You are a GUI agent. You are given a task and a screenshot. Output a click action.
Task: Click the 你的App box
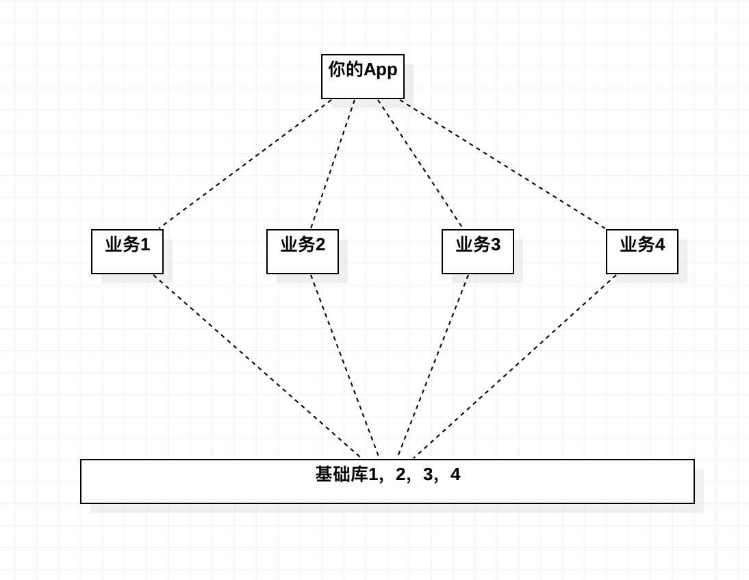click(363, 77)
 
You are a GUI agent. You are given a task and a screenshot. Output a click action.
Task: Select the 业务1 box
click(127, 252)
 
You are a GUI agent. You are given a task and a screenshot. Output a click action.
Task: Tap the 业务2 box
click(303, 252)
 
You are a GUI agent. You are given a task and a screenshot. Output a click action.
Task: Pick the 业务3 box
click(478, 252)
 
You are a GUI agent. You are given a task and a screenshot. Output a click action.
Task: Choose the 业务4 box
click(642, 252)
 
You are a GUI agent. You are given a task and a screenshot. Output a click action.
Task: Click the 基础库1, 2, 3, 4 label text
click(388, 474)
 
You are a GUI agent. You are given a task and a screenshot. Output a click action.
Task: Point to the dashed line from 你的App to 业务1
click(246, 163)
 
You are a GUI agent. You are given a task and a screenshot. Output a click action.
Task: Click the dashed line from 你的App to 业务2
click(333, 163)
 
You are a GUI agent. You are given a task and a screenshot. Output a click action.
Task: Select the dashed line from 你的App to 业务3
click(420, 163)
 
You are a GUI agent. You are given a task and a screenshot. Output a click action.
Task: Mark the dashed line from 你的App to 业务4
click(503, 163)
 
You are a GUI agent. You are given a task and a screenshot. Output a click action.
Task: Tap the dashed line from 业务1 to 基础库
click(257, 366)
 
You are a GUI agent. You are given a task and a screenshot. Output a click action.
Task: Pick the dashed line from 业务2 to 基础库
click(344, 366)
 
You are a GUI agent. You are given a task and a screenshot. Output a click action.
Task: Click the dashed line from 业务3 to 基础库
click(433, 366)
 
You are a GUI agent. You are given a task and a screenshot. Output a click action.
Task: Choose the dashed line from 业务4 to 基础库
click(515, 366)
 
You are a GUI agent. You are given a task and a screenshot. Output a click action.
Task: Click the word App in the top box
click(380, 70)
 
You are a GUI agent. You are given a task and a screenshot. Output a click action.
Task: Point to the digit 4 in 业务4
click(660, 244)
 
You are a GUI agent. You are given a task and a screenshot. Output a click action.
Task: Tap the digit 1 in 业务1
click(145, 244)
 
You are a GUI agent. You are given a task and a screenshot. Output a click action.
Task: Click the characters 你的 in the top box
click(346, 69)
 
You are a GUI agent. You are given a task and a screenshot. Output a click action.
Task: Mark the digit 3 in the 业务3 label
click(496, 244)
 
